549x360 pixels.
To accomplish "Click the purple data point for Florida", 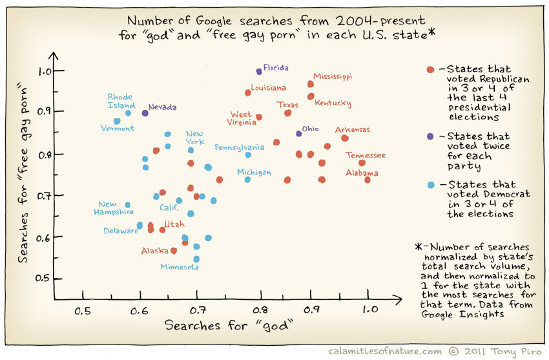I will pos(259,71).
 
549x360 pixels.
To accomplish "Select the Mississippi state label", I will pos(333,76).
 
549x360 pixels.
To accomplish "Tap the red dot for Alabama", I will pos(368,180).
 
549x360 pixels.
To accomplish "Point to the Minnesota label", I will pos(180,266).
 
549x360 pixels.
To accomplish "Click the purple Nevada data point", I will pos(145,113).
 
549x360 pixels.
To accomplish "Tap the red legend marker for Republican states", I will pos(430,69).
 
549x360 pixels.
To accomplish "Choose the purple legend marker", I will pos(430,137).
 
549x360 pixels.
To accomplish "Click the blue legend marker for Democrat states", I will pos(430,185).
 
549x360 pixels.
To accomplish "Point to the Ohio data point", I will pos(299,133).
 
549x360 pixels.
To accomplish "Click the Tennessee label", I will pos(366,155).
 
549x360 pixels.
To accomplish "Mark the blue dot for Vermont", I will pos(117,121).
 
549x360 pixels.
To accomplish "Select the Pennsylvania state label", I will pos(240,147).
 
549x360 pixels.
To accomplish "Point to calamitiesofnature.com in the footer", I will pos(384,351).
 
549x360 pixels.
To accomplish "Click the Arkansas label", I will pos(353,129).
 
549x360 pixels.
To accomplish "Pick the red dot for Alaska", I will pos(174,251).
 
